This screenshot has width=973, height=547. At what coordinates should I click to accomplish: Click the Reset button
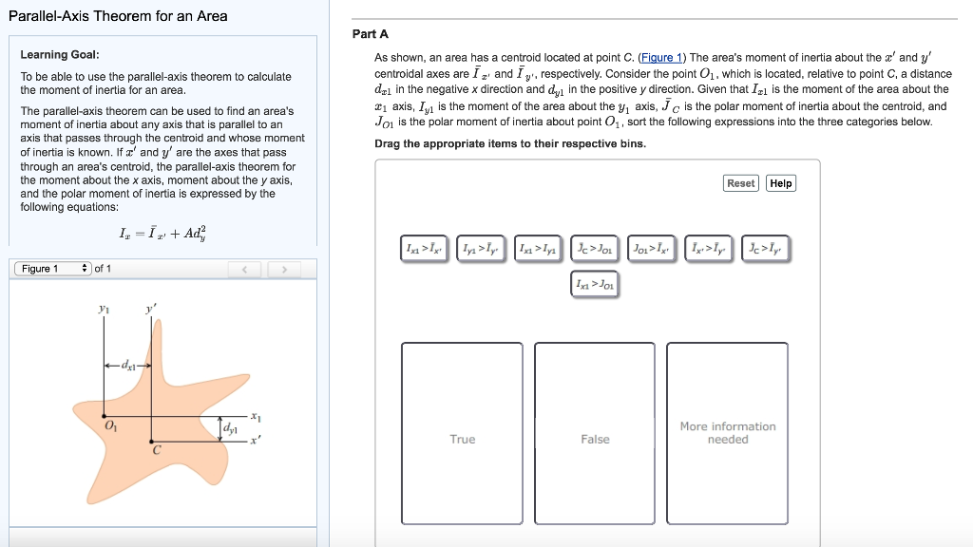click(x=740, y=183)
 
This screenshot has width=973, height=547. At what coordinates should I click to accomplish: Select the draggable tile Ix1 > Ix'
click(x=423, y=249)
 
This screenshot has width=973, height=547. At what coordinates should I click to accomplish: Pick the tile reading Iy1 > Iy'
click(x=481, y=249)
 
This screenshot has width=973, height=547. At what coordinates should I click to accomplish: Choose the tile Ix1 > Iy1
click(x=539, y=249)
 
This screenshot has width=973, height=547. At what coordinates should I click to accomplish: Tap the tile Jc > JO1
click(x=596, y=249)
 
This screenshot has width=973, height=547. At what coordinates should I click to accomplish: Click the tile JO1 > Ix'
click(x=652, y=249)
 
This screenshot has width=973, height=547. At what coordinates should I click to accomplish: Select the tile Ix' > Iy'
click(x=709, y=249)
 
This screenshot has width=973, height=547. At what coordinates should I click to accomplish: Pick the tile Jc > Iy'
click(x=766, y=249)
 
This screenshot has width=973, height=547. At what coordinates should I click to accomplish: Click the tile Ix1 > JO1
click(x=596, y=284)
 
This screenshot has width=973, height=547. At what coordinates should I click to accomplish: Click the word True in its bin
click(x=463, y=440)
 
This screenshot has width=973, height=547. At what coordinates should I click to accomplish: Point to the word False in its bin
click(x=595, y=440)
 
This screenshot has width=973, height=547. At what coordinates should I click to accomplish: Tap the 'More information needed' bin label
click(x=728, y=433)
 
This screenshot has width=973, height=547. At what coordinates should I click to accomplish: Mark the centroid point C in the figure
click(x=152, y=441)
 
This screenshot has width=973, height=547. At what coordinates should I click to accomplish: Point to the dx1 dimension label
click(x=128, y=366)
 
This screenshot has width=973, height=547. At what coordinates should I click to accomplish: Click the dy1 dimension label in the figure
click(x=231, y=429)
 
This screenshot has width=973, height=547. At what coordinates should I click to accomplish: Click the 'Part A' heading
click(x=370, y=34)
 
